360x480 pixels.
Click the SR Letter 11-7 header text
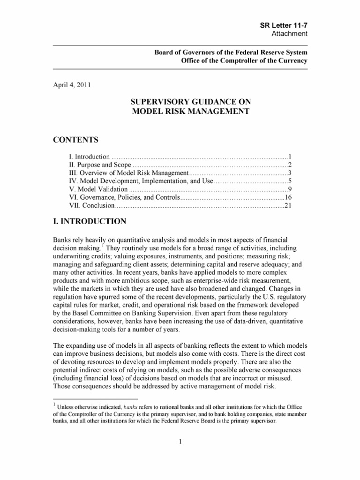(x=284, y=25)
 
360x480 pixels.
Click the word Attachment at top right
(x=290, y=34)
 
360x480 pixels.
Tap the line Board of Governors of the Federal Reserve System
(x=231, y=52)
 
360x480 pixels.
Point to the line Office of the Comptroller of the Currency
(x=244, y=61)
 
